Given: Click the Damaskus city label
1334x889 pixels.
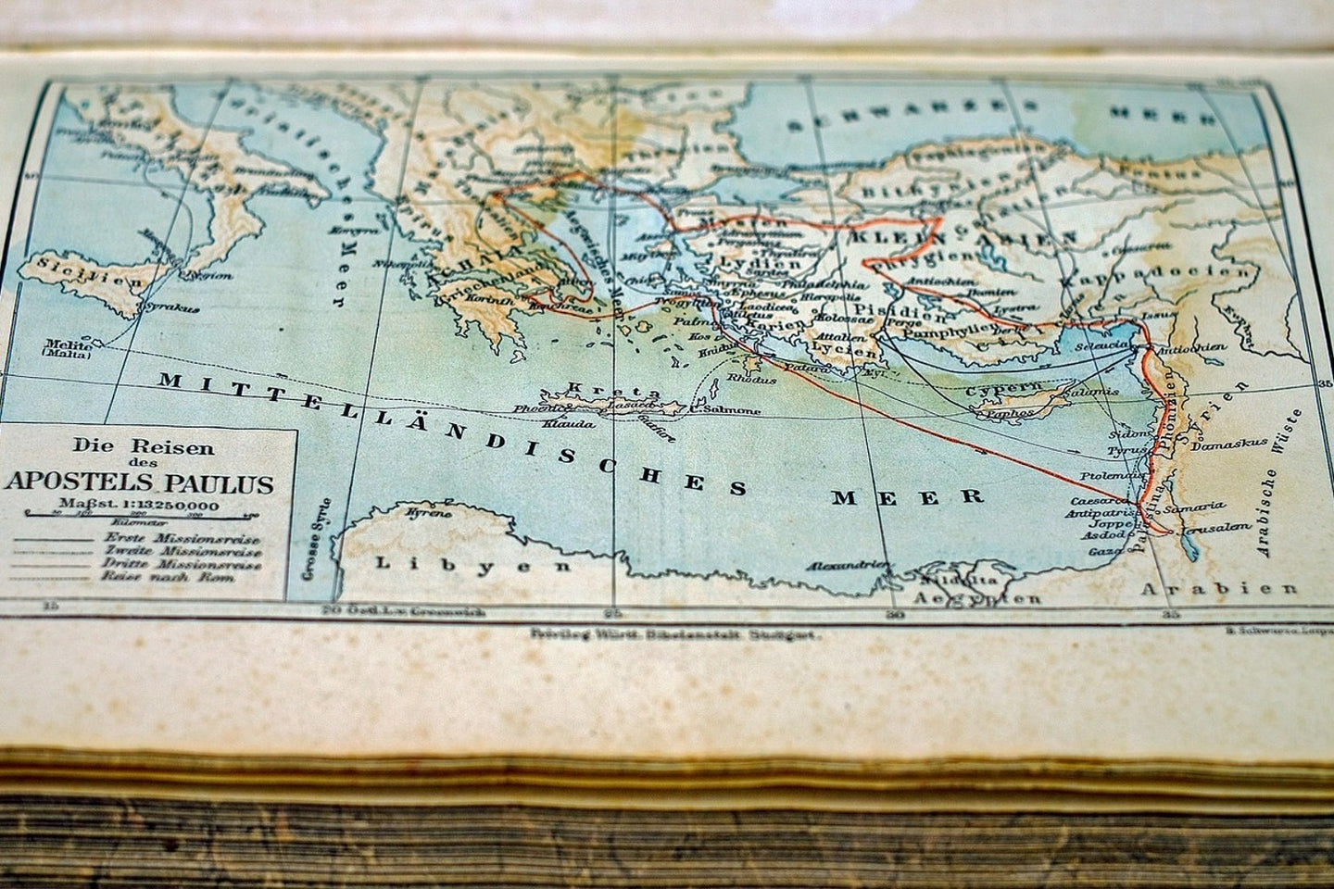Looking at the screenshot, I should click(x=1229, y=444).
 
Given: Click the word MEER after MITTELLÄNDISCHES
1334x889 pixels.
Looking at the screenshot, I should click(x=907, y=495).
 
